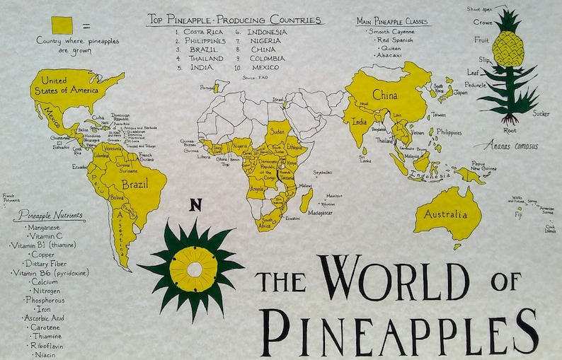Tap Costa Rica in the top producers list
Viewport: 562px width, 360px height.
point(204,33)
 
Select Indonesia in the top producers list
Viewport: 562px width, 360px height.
point(267,33)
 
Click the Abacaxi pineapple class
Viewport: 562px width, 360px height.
point(389,55)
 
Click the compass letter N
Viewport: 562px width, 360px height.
point(196,206)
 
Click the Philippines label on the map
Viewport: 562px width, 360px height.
point(449,132)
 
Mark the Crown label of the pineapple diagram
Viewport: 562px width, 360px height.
point(482,22)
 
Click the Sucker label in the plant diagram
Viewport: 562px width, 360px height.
point(541,112)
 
